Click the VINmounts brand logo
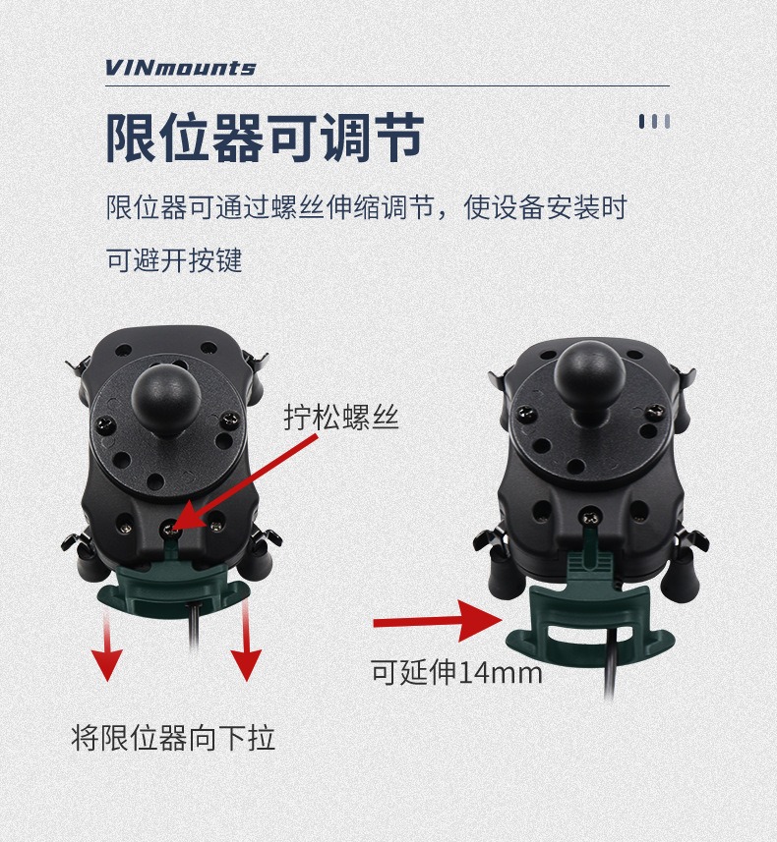[x=180, y=68]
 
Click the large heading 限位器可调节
[x=266, y=138]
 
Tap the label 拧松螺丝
[x=341, y=417]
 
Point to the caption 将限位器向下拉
[x=173, y=738]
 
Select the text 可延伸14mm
[x=457, y=672]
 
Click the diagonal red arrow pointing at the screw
[x=245, y=481]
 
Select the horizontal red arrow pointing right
[x=438, y=621]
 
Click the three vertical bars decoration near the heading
[x=654, y=122]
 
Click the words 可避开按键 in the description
[x=174, y=260]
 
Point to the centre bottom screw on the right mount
[x=590, y=518]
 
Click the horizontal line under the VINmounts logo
[x=388, y=85]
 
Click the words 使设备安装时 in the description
[x=546, y=207]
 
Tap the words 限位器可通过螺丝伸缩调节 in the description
[x=269, y=207]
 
